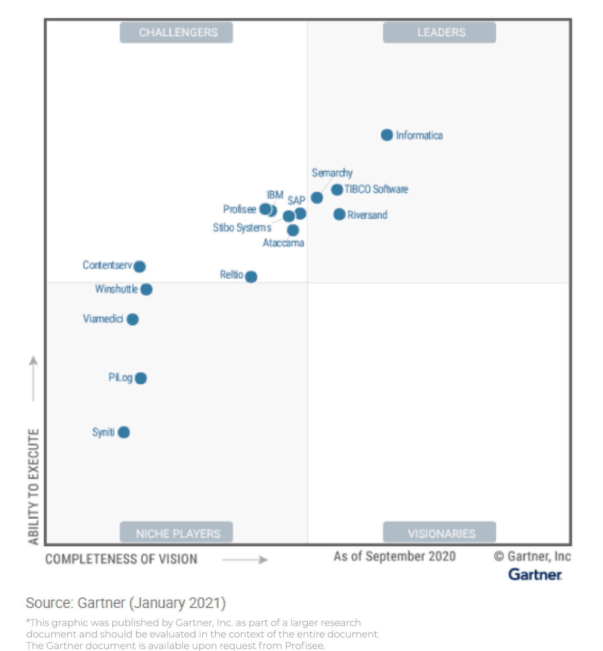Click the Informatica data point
pos(386,135)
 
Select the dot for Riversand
pos(339,214)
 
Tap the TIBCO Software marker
pos(337,189)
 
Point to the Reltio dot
pos(251,277)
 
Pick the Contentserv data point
pos(140,266)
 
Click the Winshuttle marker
pos(146,289)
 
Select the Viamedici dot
pos(132,319)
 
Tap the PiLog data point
pos(141,378)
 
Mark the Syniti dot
pos(123,432)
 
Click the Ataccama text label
pos(283,243)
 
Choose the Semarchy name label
pos(332,173)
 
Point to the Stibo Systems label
pos(242,228)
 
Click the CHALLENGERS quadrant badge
pos(176,33)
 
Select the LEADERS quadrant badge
pos(439,33)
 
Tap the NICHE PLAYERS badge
pos(176,533)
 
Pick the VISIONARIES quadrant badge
pos(439,533)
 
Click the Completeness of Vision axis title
pos(121,559)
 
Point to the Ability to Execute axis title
pos(33,487)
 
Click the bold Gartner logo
pos(535,575)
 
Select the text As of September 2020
pos(394,556)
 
